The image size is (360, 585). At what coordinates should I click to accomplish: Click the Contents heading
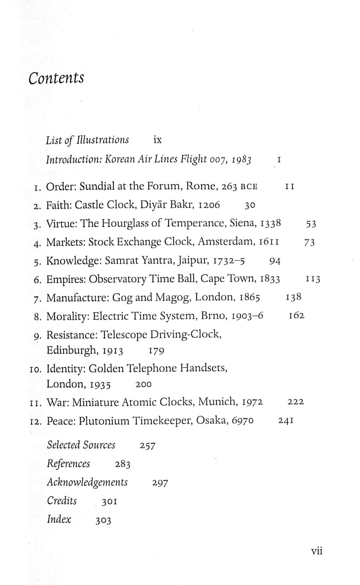pyautogui.click(x=56, y=78)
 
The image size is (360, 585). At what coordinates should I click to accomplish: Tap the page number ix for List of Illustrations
pyautogui.click(x=157, y=140)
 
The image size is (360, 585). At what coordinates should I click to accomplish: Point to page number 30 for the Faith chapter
pyautogui.click(x=250, y=205)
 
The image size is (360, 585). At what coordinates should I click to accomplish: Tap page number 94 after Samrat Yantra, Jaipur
pyautogui.click(x=275, y=261)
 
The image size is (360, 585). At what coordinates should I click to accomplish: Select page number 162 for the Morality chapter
pyautogui.click(x=296, y=315)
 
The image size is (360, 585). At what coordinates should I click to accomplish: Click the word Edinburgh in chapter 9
pyautogui.click(x=73, y=350)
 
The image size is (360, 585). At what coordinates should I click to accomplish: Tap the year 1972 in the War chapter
pyautogui.click(x=252, y=402)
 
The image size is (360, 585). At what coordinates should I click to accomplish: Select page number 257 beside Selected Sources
pyautogui.click(x=147, y=446)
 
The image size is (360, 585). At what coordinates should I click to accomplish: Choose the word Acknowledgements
pyautogui.click(x=87, y=482)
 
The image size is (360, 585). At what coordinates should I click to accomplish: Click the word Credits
pyautogui.click(x=62, y=501)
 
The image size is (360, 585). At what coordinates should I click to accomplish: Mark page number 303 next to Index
pyautogui.click(x=103, y=521)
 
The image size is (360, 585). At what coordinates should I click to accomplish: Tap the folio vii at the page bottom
pyautogui.click(x=316, y=551)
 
